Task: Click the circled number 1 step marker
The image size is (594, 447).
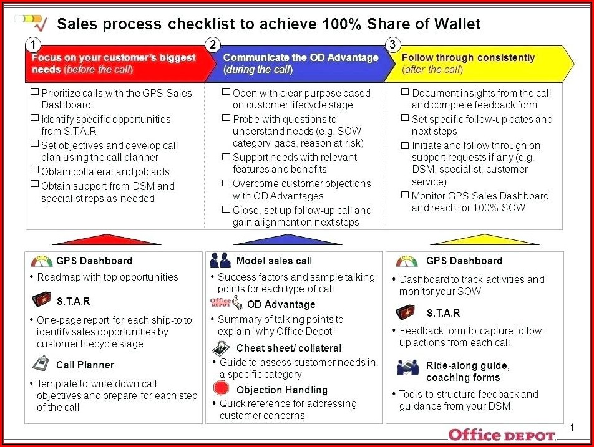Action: point(33,45)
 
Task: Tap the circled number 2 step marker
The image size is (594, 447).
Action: point(213,45)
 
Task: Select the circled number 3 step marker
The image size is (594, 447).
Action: point(392,45)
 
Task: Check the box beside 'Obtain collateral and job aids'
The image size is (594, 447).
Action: point(34,170)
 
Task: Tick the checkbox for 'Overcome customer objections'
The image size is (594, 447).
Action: point(226,183)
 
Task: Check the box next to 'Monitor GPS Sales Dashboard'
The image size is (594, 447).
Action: point(405,195)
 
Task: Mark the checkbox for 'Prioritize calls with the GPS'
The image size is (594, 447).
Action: point(34,92)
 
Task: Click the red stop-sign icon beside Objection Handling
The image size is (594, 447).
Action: point(222,388)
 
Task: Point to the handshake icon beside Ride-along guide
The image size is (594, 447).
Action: point(408,367)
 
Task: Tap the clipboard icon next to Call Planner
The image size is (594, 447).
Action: point(41,363)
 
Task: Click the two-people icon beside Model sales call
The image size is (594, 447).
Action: point(220,261)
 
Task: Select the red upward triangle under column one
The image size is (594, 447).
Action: point(107,239)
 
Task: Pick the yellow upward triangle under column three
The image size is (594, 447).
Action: point(485,239)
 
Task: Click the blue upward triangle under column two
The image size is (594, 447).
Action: point(288,239)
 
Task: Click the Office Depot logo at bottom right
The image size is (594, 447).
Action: point(502,435)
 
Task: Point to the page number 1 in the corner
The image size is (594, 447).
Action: point(572,427)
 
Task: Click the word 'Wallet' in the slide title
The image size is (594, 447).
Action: point(457,24)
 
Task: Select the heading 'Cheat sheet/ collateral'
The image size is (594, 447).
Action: point(289,348)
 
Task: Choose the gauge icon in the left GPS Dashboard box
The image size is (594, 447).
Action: point(42,261)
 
